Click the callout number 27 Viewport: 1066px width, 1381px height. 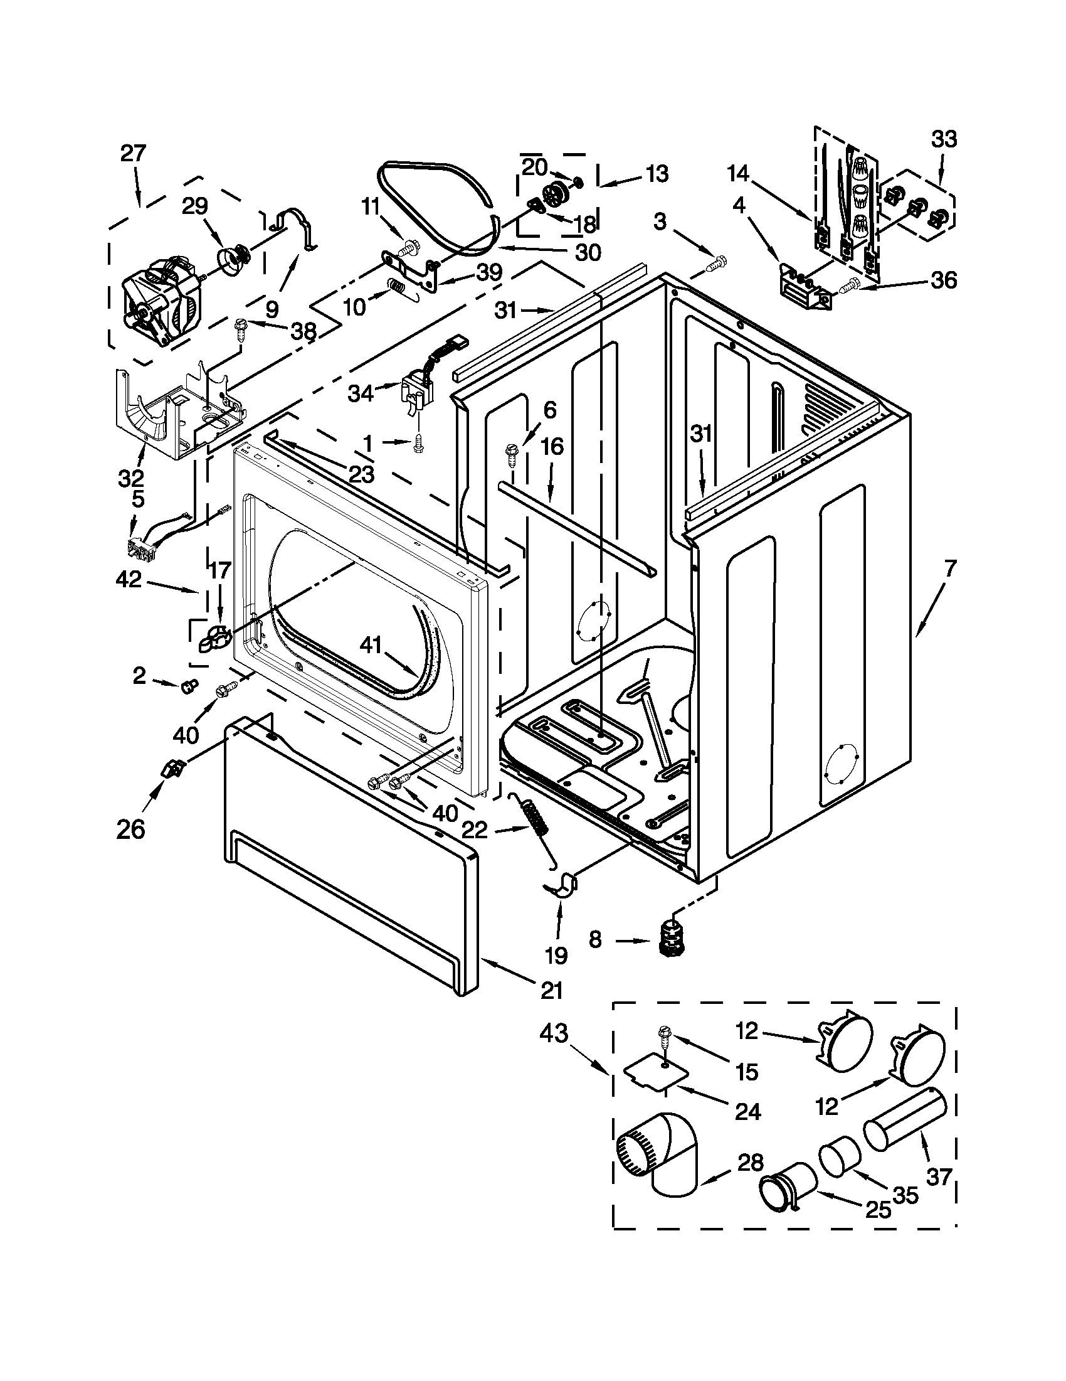pos(133,153)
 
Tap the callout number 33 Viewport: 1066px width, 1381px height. pos(944,139)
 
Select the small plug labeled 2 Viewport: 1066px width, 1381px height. pos(189,685)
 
